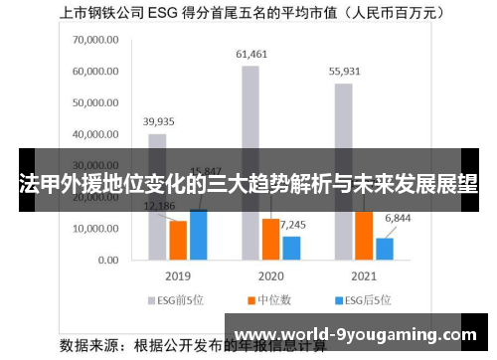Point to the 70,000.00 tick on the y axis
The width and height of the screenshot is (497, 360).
pyautogui.click(x=95, y=42)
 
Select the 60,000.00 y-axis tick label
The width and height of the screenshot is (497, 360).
pyautogui.click(x=95, y=73)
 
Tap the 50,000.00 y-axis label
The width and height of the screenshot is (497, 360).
pyautogui.click(x=95, y=103)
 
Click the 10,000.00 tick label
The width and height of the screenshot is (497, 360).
pyautogui.click(x=95, y=229)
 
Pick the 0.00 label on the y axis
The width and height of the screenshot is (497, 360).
pyautogui.click(x=109, y=260)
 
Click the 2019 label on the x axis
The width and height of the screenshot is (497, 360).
pyautogui.click(x=177, y=275)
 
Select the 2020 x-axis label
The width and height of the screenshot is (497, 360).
pyautogui.click(x=270, y=275)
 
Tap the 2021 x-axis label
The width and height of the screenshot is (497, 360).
pyautogui.click(x=364, y=275)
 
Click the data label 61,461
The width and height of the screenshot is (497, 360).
pyautogui.click(x=250, y=53)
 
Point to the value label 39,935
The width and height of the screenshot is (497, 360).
pyautogui.click(x=158, y=121)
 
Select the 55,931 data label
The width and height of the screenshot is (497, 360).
pyautogui.click(x=343, y=71)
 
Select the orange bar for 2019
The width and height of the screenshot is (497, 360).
pyautogui.click(x=178, y=240)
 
